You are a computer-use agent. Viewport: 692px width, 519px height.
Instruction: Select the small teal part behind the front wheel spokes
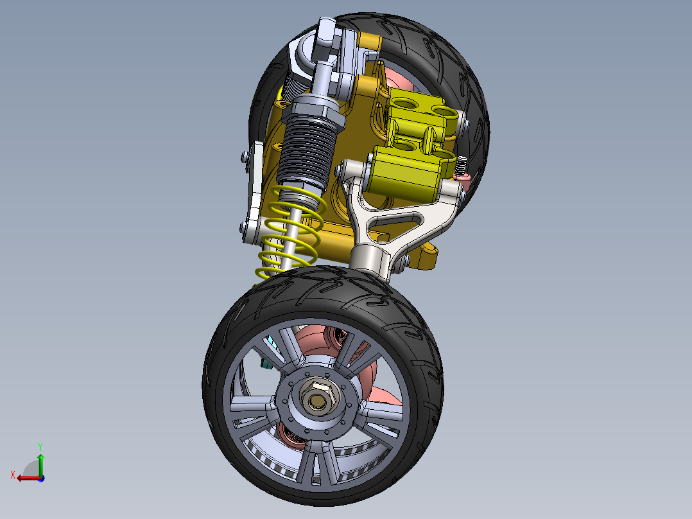[264, 364]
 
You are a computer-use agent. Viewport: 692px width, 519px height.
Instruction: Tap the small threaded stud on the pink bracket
[461, 166]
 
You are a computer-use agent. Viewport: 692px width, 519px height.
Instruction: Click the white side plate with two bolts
[254, 193]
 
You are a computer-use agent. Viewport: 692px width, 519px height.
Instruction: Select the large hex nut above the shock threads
[312, 105]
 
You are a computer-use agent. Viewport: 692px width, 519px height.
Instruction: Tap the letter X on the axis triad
[12, 475]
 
